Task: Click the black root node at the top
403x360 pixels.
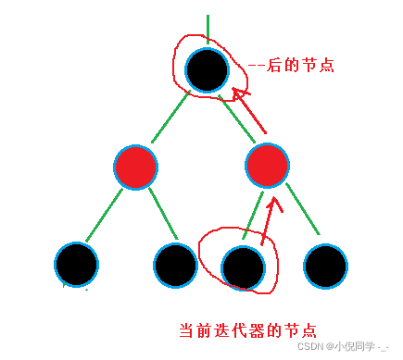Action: [208, 69]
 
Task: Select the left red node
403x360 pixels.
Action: [136, 167]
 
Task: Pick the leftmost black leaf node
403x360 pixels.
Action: [77, 265]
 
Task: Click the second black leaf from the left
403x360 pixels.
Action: [175, 266]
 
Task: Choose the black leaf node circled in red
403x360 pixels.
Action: [244, 266]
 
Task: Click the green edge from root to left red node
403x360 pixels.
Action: [169, 119]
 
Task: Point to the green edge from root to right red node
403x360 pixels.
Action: [238, 118]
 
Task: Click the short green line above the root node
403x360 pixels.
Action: [208, 30]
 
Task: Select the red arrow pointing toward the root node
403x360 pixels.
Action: [250, 109]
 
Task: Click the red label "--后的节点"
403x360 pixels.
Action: [291, 66]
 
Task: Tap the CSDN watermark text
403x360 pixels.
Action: [311, 347]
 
